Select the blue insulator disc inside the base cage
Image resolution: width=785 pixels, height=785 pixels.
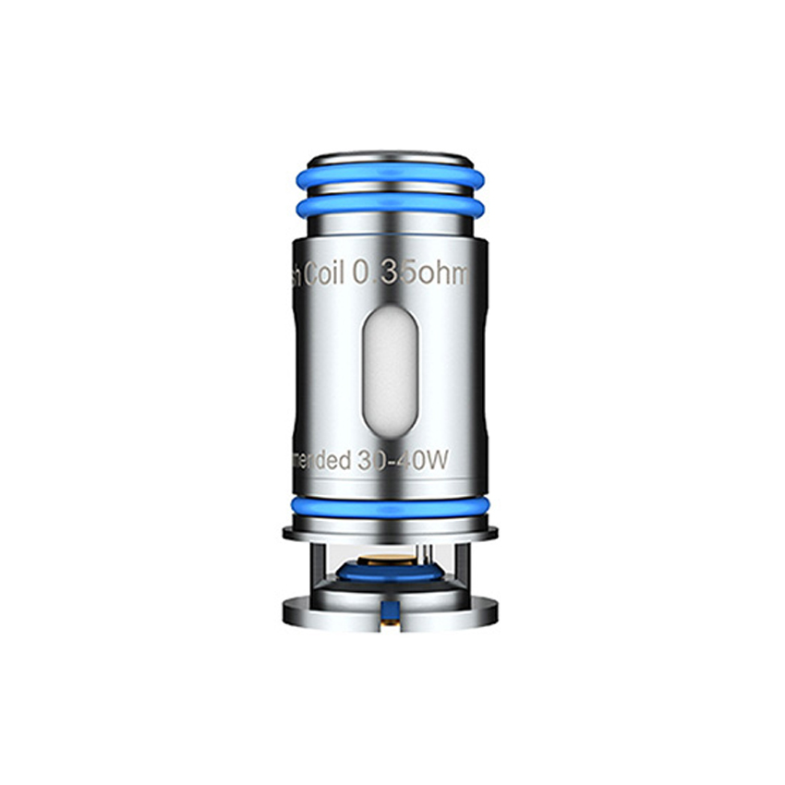click(x=389, y=573)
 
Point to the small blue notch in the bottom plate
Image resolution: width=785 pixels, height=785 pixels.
click(x=388, y=607)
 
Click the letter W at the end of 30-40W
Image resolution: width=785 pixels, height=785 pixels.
click(x=438, y=460)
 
